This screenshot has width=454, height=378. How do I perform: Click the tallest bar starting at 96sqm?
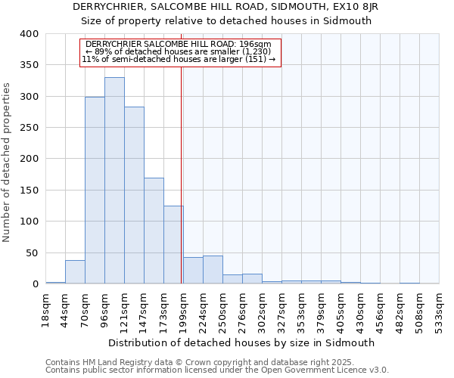tap(114, 181)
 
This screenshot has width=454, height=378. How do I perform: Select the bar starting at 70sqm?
tap(95, 191)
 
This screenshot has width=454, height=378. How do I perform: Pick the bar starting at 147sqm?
tap(154, 231)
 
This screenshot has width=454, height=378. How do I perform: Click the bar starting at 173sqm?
tap(173, 245)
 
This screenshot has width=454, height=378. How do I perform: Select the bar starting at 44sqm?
tap(75, 271)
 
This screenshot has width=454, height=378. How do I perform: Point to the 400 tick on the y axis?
tap(29, 34)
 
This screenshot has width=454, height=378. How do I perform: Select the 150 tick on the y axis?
tap(29, 191)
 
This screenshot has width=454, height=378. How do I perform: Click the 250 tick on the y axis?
tap(29, 128)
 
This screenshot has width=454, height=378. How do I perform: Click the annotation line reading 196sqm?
tap(180, 45)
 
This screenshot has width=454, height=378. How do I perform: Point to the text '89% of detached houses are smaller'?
tap(180, 51)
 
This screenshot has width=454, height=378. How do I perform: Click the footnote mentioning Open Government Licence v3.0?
tap(217, 370)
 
